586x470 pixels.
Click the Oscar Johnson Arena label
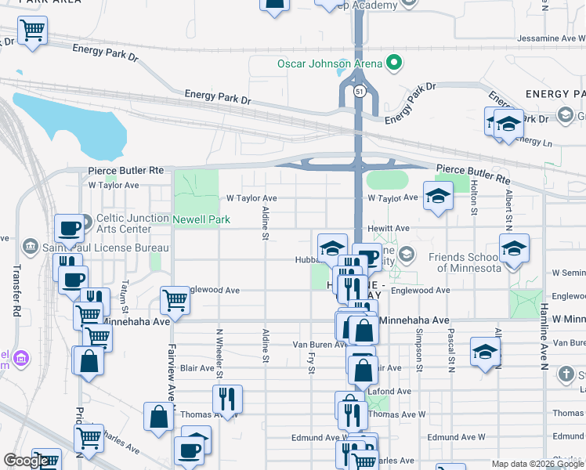[329, 63]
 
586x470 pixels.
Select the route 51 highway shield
[359, 92]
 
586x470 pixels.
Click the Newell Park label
[201, 219]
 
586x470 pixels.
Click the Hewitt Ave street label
[392, 228]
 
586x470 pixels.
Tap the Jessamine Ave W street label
[548, 38]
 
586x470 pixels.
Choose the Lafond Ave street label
[393, 391]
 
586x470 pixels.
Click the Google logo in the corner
[27, 461]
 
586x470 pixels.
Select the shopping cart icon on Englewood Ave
[175, 298]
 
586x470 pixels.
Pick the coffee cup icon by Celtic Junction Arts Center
[69, 228]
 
